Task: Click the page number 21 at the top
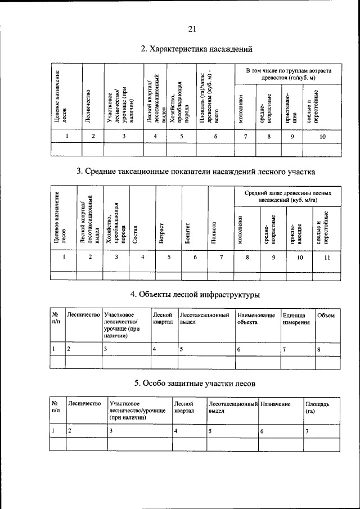[192, 29]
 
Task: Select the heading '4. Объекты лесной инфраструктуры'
[195, 294]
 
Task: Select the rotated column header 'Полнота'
[214, 231]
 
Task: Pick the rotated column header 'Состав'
[135, 231]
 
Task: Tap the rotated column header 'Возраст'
[161, 231]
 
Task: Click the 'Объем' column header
[326, 316]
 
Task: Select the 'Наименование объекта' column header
[256, 319]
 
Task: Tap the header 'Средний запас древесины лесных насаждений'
[287, 196]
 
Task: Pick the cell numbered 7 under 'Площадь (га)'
[307, 431]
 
